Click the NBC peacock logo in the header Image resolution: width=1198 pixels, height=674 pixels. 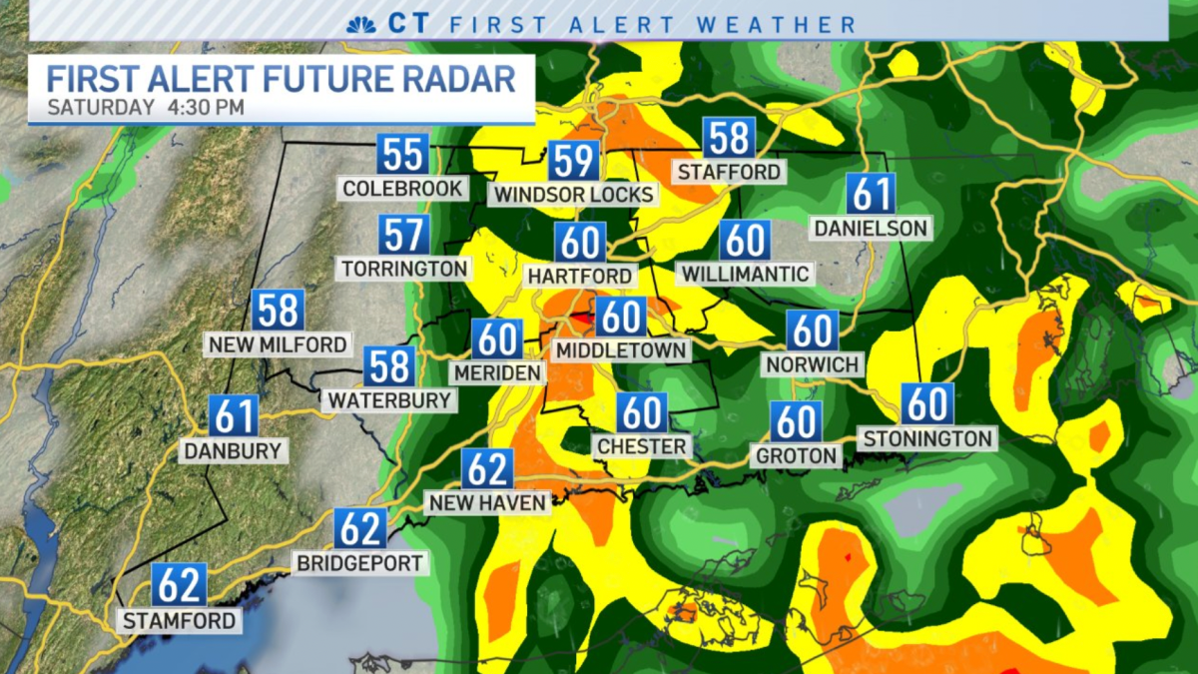click(361, 24)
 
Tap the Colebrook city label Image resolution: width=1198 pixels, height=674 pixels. click(402, 189)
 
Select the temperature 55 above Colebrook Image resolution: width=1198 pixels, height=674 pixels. click(403, 155)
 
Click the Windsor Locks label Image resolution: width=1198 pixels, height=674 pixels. click(573, 194)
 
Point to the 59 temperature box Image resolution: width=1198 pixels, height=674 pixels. click(573, 161)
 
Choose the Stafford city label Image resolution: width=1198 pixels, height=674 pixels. click(729, 172)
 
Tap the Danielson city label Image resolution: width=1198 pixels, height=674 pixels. click(871, 228)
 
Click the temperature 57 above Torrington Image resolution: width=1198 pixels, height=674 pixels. click(404, 236)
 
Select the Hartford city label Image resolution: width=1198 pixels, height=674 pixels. click(580, 276)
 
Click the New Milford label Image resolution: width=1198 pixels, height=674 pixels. click(278, 345)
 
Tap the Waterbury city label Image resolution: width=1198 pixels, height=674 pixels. click(388, 400)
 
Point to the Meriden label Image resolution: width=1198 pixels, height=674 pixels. click(496, 372)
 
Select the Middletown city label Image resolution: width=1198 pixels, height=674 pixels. click(621, 350)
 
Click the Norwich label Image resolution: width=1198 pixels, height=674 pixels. click(813, 364)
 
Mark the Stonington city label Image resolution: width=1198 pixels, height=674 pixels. click(927, 438)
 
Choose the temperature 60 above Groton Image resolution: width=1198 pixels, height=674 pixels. click(796, 421)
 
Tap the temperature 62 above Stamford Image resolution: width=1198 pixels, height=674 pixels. click(180, 585)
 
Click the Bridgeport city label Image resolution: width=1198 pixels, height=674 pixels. click(360, 563)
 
